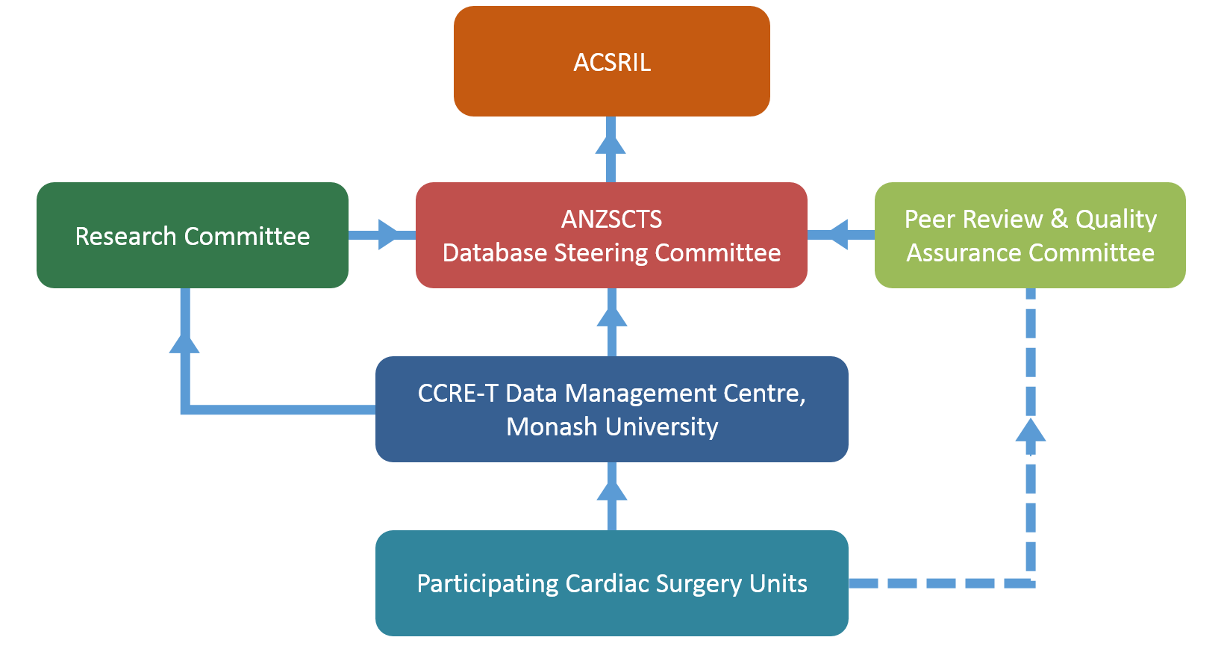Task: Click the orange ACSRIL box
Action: [612, 61]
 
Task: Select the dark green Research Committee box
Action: [193, 235]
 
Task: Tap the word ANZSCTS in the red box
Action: [611, 219]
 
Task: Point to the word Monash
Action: [552, 426]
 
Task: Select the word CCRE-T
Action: [458, 394]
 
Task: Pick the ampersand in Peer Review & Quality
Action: [1059, 219]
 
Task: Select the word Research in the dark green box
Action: [125, 236]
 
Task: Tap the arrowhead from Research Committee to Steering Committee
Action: [388, 235]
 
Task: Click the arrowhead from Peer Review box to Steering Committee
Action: [839, 235]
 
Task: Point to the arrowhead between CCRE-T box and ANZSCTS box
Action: [612, 317]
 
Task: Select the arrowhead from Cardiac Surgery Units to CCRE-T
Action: [612, 491]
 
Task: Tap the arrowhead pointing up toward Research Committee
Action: [184, 343]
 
